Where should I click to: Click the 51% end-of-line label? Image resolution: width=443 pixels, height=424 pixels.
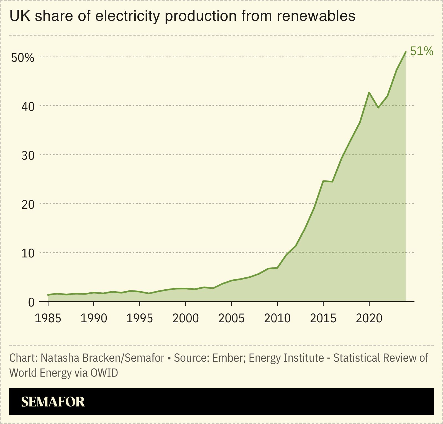click(x=421, y=51)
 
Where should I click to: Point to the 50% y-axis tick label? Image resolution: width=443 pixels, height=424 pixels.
click(x=22, y=58)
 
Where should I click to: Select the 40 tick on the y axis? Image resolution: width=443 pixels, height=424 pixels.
click(x=28, y=106)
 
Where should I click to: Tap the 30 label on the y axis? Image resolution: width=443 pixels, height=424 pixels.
click(x=28, y=155)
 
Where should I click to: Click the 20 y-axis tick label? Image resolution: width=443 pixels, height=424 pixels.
click(x=28, y=204)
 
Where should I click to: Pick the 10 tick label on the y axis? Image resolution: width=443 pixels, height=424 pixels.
click(x=28, y=253)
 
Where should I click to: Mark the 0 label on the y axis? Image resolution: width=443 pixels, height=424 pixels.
click(x=31, y=302)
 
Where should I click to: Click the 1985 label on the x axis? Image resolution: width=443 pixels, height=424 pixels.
click(x=48, y=318)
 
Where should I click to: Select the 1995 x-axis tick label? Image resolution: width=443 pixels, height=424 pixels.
click(x=140, y=318)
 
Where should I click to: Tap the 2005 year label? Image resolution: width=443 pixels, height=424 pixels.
click(x=231, y=318)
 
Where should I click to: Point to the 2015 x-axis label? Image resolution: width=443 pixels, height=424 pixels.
click(x=323, y=318)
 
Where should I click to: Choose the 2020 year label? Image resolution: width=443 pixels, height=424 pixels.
click(x=369, y=318)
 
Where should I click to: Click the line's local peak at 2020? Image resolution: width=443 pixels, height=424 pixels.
click(x=369, y=92)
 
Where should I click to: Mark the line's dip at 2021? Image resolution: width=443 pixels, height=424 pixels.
click(x=378, y=108)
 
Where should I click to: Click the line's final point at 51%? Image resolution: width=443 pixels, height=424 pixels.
click(x=406, y=52)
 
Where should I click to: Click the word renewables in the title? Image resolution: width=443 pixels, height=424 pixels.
click(x=316, y=16)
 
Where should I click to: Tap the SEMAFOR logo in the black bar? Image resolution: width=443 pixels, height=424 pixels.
click(x=53, y=402)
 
